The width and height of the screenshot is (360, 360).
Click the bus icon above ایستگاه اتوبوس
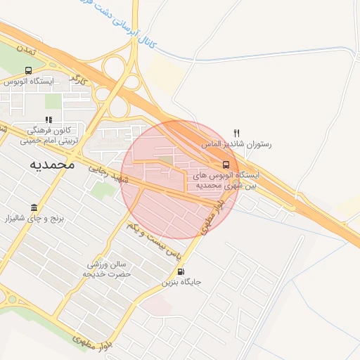pos(28,70)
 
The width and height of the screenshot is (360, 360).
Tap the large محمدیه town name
pos(52,165)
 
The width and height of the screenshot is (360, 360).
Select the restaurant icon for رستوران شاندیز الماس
pos(237,132)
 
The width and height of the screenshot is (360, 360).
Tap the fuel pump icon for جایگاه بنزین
pos(182,271)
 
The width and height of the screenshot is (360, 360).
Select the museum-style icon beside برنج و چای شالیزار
pos(34,209)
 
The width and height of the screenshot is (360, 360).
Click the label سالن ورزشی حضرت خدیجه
pos(108,269)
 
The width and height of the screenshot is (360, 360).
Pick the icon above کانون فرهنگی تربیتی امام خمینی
pos(48,120)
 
